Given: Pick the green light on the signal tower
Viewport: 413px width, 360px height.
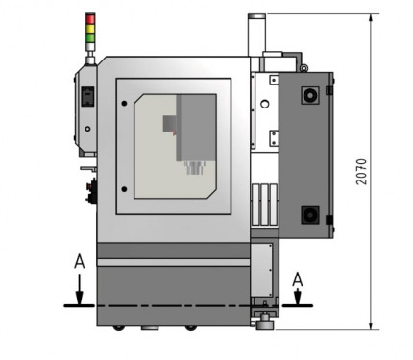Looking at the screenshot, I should pyautogui.click(x=92, y=36).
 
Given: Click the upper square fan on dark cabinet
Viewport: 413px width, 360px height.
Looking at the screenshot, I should pyautogui.click(x=309, y=96).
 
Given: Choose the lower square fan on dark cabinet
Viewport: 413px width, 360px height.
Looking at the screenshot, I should pyautogui.click(x=309, y=214).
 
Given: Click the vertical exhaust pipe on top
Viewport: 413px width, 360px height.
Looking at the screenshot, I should pyautogui.click(x=256, y=36).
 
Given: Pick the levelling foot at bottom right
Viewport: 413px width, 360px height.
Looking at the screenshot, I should pyautogui.click(x=261, y=317).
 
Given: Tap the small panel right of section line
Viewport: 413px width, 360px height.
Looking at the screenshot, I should pyautogui.click(x=260, y=269).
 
